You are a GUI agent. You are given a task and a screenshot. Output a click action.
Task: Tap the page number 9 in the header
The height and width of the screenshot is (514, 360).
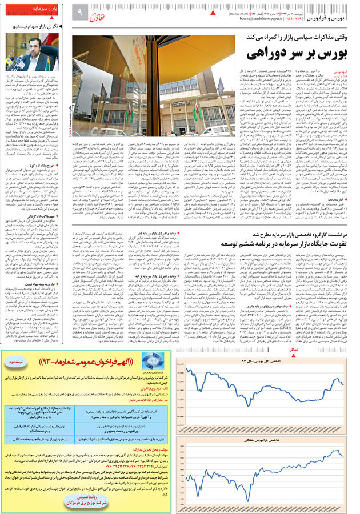click(x=80, y=12)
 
